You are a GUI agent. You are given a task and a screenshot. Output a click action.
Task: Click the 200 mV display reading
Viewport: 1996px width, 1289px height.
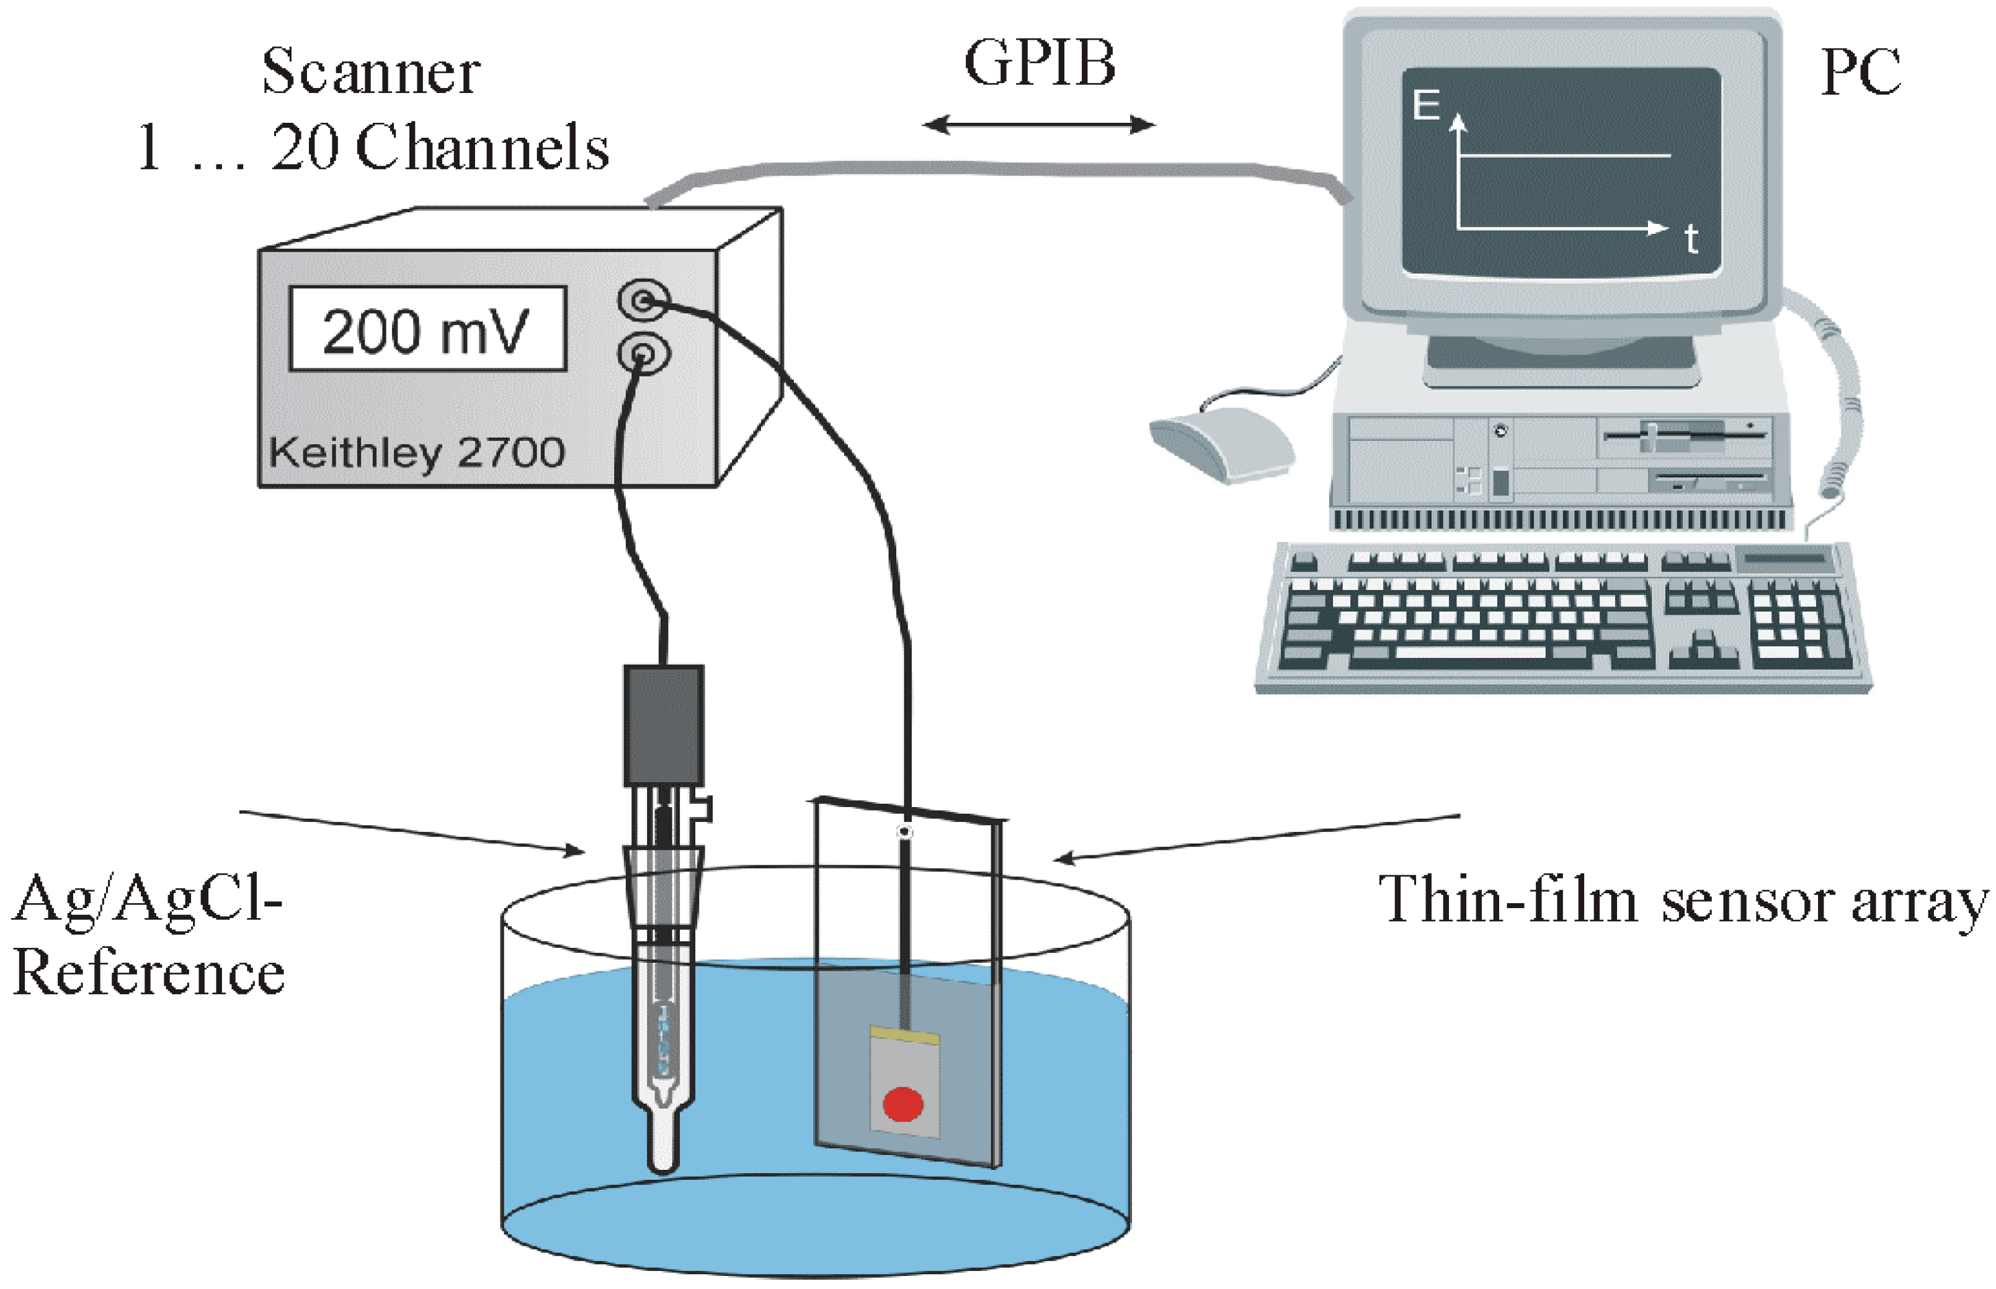[427, 331]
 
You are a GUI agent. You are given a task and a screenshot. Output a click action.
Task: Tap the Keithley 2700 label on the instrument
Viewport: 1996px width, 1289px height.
[416, 453]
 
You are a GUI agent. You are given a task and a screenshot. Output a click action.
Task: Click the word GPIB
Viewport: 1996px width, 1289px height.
[1040, 64]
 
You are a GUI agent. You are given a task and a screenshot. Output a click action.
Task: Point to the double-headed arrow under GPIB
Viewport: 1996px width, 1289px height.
[1038, 125]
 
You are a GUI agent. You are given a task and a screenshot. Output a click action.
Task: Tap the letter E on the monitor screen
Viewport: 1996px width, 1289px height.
[1425, 106]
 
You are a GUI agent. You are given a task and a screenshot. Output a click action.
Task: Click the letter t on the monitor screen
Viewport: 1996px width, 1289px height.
[1691, 240]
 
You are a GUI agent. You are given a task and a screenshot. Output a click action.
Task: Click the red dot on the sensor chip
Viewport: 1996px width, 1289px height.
[903, 1103]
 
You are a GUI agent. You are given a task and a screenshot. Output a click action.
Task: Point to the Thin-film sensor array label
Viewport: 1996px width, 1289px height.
[1682, 901]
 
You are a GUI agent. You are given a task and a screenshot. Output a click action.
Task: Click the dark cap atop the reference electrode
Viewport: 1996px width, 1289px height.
[663, 725]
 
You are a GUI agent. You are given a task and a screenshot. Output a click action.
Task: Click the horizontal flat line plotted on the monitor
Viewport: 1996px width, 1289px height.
[1565, 156]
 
